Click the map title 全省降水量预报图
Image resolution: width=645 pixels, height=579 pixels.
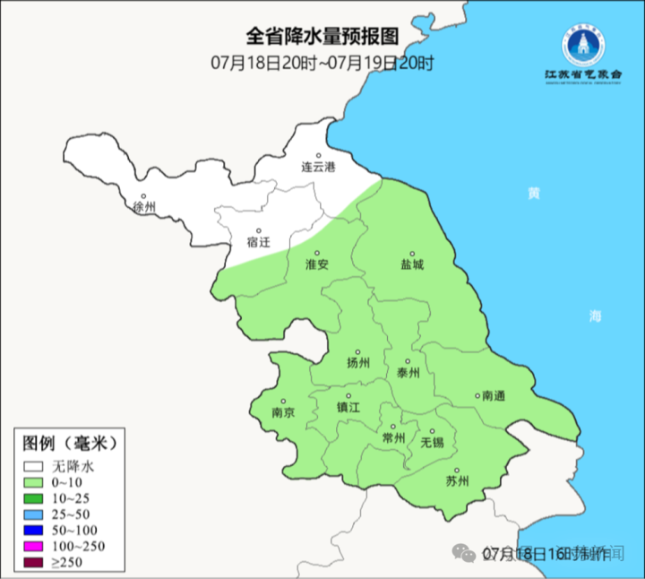click(x=322, y=38)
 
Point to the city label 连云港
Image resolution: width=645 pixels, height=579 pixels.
click(x=317, y=168)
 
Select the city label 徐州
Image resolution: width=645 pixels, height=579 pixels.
click(x=143, y=207)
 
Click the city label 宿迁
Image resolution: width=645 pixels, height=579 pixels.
click(x=258, y=242)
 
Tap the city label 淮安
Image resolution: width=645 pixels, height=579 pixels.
click(x=317, y=264)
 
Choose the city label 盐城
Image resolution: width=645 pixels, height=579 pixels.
click(x=412, y=264)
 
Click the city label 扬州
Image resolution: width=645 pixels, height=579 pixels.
click(x=358, y=363)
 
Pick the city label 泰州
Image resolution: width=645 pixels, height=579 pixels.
click(x=408, y=374)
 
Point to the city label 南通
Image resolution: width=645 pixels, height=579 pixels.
click(x=493, y=395)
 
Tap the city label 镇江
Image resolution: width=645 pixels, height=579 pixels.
click(x=348, y=407)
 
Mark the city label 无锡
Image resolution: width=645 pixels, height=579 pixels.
click(x=432, y=443)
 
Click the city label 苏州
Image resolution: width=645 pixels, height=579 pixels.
click(x=457, y=481)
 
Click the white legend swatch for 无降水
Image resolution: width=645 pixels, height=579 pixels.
click(x=34, y=466)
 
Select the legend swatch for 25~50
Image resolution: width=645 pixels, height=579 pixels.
click(x=34, y=514)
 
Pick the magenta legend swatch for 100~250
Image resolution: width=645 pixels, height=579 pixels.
click(x=34, y=547)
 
